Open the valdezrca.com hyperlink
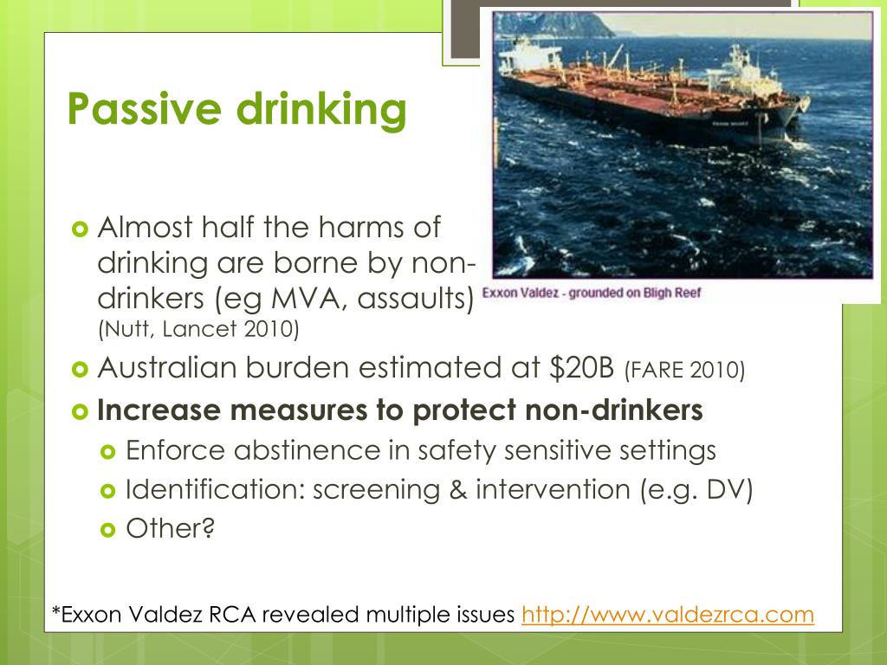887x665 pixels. coord(668,615)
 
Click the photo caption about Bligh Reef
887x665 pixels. coord(591,292)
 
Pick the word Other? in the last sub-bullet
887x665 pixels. coord(170,527)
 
